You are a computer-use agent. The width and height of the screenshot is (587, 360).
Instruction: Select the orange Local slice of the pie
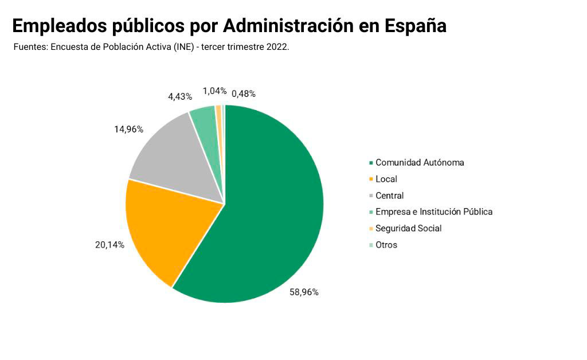tap(163, 229)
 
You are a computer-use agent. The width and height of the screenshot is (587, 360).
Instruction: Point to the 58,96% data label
tap(304, 292)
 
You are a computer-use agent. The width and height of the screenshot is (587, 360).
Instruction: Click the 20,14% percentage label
tap(109, 245)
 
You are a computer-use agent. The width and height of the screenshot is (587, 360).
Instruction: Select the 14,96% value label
tap(128, 129)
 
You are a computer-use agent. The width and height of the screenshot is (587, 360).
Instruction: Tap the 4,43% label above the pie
tap(180, 96)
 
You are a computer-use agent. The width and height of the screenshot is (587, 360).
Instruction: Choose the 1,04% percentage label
tap(214, 91)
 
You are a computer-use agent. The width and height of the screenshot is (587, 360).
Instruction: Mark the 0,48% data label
tap(243, 93)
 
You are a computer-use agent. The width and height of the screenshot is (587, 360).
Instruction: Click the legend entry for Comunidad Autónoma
tap(420, 162)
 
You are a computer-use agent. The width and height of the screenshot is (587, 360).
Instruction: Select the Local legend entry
tap(386, 179)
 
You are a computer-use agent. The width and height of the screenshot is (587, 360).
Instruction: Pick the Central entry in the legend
tap(389, 195)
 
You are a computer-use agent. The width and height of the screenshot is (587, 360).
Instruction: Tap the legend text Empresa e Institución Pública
tap(433, 212)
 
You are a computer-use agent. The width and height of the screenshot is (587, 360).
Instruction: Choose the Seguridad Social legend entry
tap(408, 228)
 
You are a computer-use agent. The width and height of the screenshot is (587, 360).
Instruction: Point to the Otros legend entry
tap(386, 245)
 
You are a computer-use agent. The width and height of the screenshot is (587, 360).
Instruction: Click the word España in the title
tap(415, 26)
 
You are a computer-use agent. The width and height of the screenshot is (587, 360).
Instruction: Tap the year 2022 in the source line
tap(277, 47)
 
